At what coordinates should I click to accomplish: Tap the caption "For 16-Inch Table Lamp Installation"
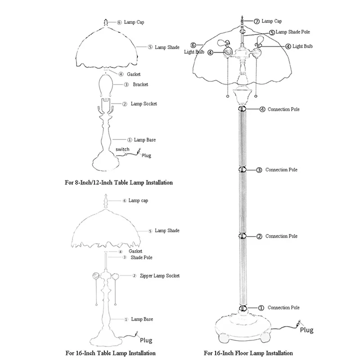[x=110, y=353]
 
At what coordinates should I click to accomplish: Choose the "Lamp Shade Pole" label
[x=293, y=32]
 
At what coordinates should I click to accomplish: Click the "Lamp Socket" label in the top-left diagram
[x=144, y=104]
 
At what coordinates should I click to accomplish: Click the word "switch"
[x=122, y=149]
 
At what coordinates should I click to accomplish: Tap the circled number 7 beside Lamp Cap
[x=256, y=21]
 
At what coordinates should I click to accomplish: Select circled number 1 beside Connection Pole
[x=260, y=308]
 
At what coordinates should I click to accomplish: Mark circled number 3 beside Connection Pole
[x=259, y=170]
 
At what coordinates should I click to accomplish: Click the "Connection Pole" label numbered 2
[x=282, y=236]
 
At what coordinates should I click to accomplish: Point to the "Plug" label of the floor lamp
[x=306, y=330]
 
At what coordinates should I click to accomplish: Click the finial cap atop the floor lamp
[x=242, y=20]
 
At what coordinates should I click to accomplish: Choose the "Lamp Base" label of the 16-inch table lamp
[x=141, y=319]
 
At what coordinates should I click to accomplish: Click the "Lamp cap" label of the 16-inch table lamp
[x=138, y=200]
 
